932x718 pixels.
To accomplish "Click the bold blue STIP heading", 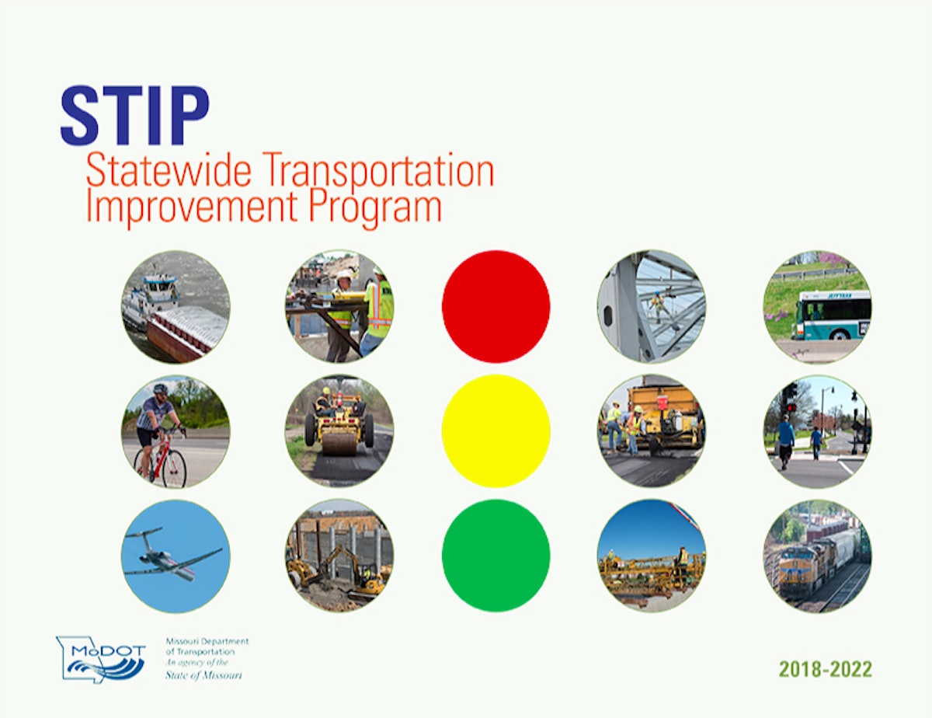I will tap(134, 116).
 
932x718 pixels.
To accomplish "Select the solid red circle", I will tap(496, 306).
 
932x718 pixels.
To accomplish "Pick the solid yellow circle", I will tap(496, 430).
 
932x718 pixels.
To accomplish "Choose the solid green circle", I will tap(496, 555).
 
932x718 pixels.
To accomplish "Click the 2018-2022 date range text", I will tap(826, 669).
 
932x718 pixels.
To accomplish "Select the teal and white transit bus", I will tap(830, 315).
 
